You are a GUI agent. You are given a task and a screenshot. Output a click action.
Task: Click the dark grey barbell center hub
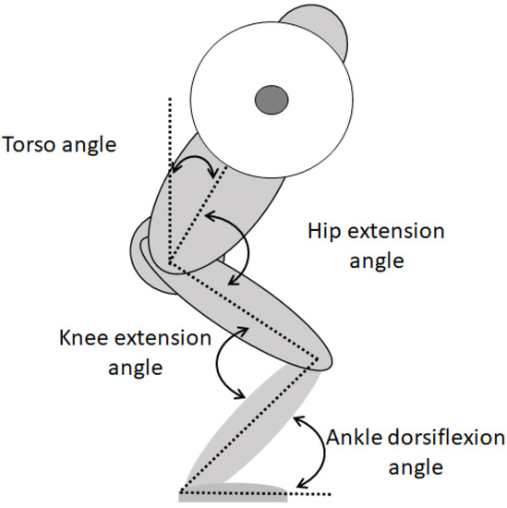[x=272, y=97]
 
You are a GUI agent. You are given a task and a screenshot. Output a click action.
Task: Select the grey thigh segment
[x=249, y=305]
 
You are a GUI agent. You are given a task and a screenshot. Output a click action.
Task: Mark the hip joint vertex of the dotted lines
[x=172, y=264]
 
